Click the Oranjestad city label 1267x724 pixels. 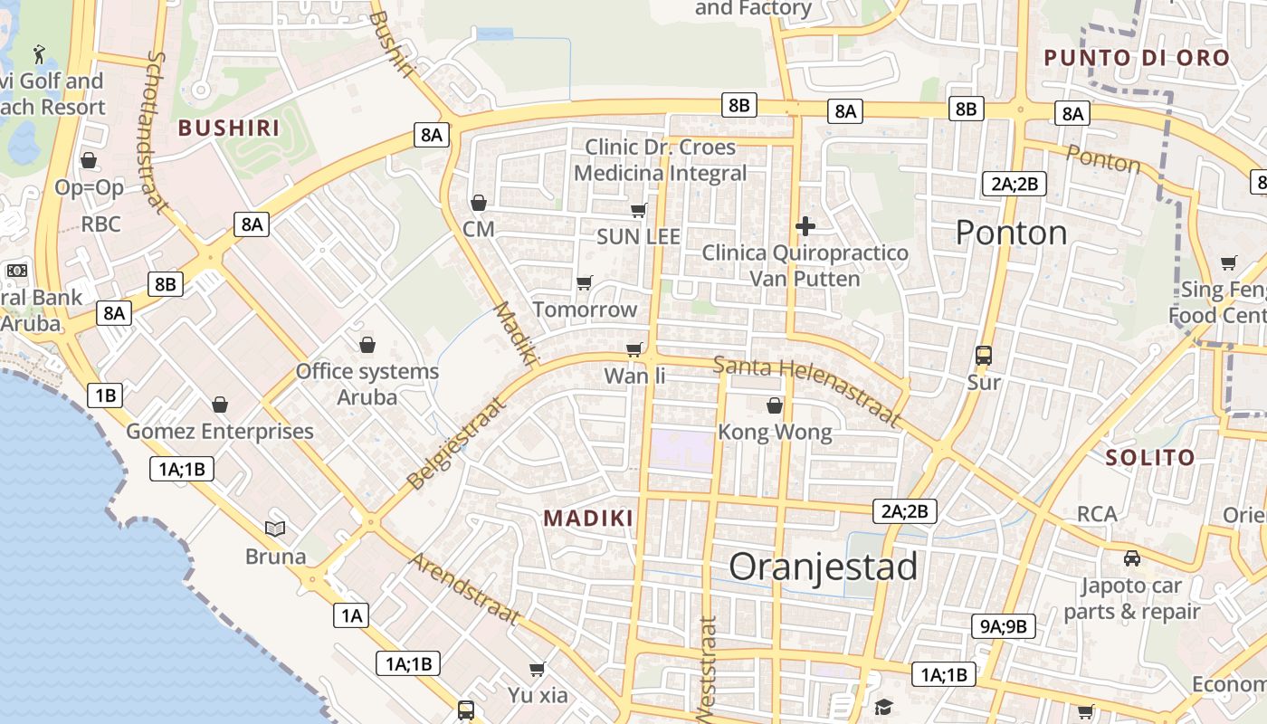tap(823, 567)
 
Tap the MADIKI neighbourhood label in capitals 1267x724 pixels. tap(588, 519)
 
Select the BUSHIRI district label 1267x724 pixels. tap(229, 128)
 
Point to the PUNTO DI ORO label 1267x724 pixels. tap(1137, 58)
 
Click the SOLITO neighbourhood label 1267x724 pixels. tap(1150, 458)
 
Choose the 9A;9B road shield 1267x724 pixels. tap(1004, 626)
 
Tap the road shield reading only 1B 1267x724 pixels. tap(105, 395)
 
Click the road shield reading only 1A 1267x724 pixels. tap(351, 616)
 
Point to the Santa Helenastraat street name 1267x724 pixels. tap(807, 391)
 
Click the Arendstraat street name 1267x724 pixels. tap(465, 588)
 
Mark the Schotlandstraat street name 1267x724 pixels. tap(157, 132)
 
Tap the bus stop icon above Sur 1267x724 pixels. tap(984, 356)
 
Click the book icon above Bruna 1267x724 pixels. tap(275, 529)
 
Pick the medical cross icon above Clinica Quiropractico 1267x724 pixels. tap(805, 225)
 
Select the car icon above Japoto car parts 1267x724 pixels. tap(1131, 558)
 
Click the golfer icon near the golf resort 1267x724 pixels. tap(39, 53)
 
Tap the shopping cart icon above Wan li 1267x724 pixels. tap(634, 349)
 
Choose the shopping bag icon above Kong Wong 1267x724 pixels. tap(774, 405)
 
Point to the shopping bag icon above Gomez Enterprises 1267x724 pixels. tap(219, 405)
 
